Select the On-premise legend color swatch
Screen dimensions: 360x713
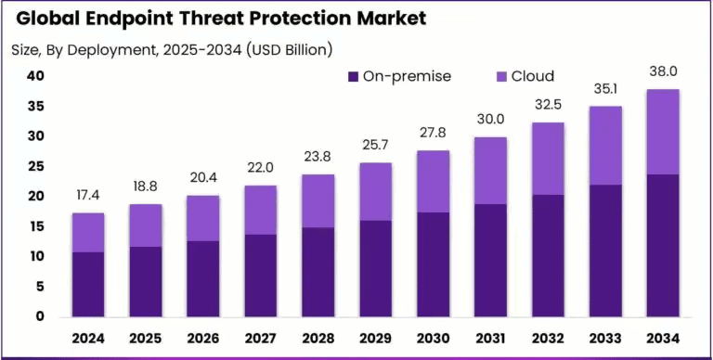click(x=354, y=76)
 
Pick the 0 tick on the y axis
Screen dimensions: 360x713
click(x=41, y=316)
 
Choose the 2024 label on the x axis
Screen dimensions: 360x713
click(x=89, y=337)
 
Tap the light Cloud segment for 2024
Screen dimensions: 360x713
click(x=89, y=232)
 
